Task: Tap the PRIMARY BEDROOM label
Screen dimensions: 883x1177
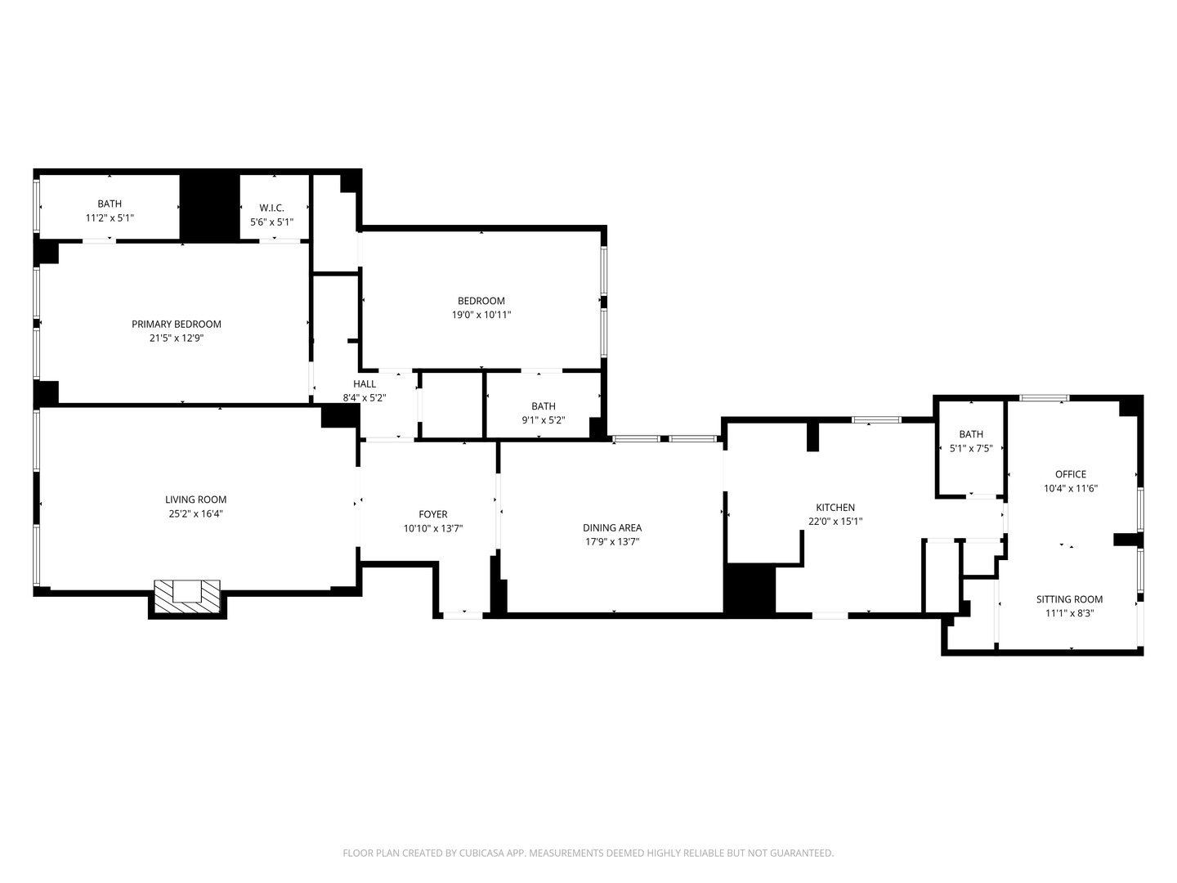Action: (x=177, y=325)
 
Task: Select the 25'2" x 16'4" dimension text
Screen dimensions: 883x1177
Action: (x=195, y=514)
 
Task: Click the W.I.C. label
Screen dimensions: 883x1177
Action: (x=271, y=208)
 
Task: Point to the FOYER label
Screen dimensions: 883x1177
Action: (x=433, y=514)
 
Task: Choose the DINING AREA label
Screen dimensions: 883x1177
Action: (x=612, y=527)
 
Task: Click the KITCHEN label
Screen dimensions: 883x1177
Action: (x=835, y=508)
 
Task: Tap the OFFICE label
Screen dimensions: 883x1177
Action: (x=1071, y=474)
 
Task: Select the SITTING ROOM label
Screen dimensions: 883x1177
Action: (x=1070, y=599)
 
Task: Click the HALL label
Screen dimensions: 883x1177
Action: (x=365, y=384)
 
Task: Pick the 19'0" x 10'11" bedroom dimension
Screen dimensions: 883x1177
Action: (x=481, y=315)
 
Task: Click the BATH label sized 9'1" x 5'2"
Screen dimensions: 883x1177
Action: (x=544, y=406)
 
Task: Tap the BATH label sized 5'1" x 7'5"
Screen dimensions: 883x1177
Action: (x=971, y=434)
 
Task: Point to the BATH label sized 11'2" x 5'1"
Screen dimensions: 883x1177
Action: (x=110, y=204)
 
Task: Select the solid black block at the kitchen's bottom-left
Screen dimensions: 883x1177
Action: (x=750, y=589)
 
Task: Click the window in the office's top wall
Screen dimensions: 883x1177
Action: (x=1044, y=398)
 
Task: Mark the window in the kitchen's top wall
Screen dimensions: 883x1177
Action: (x=876, y=420)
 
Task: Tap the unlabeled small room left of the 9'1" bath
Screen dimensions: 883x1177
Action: (x=452, y=406)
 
